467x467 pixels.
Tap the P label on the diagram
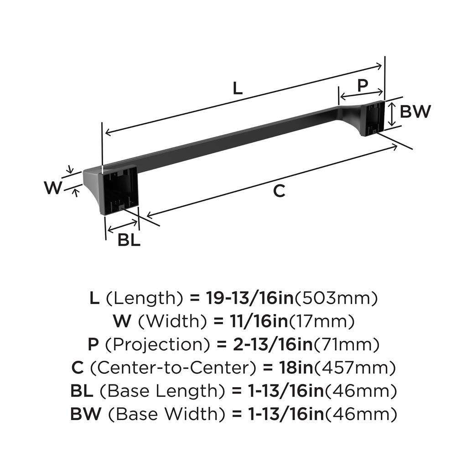coord(362,85)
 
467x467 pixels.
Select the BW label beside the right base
coord(415,111)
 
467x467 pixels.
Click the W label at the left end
coord(53,187)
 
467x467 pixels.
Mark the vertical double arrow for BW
coord(391,114)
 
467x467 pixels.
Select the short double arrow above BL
coord(122,226)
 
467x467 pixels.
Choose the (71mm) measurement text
coord(347,345)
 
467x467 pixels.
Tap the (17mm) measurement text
coord(322,322)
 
